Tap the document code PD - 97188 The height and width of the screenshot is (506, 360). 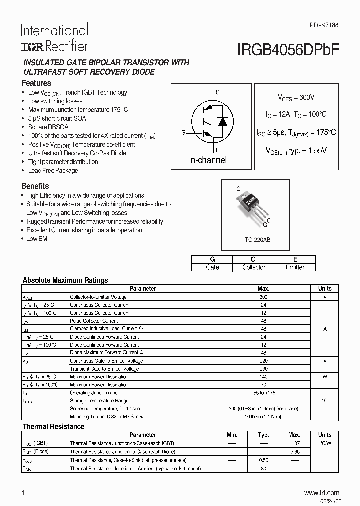(324, 25)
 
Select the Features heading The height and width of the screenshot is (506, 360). (37, 83)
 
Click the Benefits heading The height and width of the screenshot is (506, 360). (35, 186)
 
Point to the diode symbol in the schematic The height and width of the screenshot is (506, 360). (223, 121)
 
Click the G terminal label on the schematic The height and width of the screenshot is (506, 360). (183, 133)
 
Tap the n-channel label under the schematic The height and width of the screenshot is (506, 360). (209, 160)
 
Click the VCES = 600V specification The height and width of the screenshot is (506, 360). (296, 98)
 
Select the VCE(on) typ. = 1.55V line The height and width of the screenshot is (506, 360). (296, 150)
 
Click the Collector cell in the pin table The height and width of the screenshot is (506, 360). (253, 267)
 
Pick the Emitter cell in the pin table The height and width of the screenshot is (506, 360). (295, 267)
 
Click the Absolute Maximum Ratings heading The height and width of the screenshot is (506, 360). (65, 280)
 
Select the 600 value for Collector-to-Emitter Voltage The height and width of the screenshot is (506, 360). (263, 297)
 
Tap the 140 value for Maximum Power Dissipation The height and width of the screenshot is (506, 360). (263, 377)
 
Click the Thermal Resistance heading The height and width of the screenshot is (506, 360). (54, 426)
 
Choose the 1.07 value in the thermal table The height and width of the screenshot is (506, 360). (294, 443)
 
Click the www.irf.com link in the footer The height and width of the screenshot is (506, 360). (321, 493)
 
